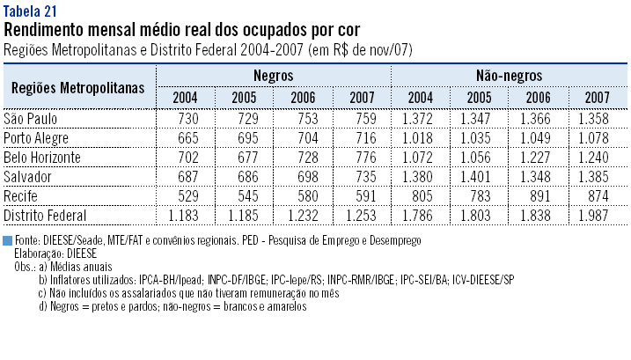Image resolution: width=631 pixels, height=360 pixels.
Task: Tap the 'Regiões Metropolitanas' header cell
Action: (79, 88)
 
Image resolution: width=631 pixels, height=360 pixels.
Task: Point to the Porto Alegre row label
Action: (36, 137)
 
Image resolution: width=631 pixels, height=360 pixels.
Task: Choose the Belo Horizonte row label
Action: (42, 157)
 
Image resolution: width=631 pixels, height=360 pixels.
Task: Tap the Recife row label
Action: (22, 195)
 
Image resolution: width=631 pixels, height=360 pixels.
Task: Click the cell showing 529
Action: (185, 195)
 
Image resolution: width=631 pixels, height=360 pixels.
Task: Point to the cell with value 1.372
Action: (420, 118)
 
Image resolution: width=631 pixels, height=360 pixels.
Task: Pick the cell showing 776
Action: (361, 157)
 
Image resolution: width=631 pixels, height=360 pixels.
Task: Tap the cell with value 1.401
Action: (479, 176)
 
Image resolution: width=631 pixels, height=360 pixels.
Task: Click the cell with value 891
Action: (537, 195)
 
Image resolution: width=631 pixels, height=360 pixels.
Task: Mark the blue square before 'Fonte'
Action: (8, 240)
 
